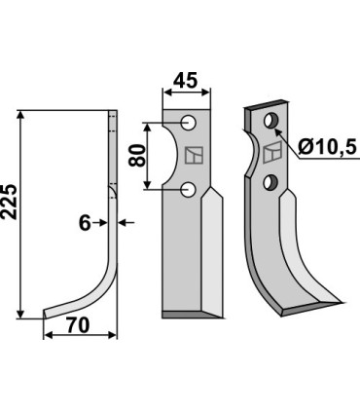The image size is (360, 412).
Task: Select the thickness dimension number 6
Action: coord(86,223)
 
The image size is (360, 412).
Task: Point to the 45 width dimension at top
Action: coord(187,80)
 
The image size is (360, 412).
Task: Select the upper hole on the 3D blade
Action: coord(271,121)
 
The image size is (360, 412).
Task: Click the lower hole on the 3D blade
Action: coord(273,181)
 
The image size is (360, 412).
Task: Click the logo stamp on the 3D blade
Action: coord(273,151)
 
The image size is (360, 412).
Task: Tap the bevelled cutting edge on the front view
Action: coord(212,253)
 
